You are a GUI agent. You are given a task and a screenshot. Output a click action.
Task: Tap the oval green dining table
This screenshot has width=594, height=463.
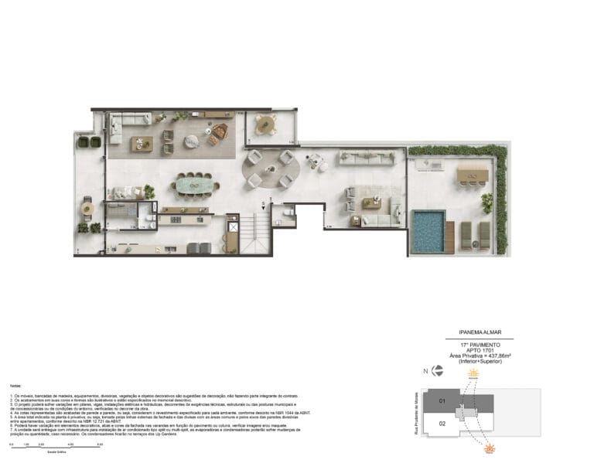193,184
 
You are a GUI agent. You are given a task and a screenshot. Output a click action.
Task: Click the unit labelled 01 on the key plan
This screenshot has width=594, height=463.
443,401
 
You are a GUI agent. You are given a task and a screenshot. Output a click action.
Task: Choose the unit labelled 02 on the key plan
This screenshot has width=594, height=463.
443,424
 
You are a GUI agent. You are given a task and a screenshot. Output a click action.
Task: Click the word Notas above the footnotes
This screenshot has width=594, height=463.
15,384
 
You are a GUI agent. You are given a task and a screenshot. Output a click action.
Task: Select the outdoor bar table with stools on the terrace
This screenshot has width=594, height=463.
472,175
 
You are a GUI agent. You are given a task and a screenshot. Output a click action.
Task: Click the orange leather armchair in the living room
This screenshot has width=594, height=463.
219,134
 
